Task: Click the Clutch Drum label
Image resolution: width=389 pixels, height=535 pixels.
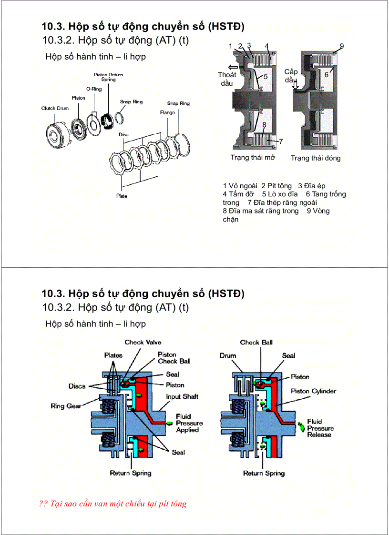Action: coord(55,108)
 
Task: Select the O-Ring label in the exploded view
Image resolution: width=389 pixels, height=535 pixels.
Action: coord(93,89)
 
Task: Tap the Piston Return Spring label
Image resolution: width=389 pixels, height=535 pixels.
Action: coord(108,77)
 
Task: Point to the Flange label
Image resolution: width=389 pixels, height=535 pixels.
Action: coord(167,112)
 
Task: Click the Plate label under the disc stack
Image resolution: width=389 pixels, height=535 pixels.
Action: coord(122,196)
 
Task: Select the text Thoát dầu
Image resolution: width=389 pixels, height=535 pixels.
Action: coord(227,79)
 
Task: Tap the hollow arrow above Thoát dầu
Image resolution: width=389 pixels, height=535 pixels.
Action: coord(233,67)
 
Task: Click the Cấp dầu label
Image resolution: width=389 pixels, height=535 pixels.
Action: coord(291,76)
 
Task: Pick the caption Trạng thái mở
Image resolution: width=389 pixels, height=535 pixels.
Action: coord(252,158)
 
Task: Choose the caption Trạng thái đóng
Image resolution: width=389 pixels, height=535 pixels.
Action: coord(316,158)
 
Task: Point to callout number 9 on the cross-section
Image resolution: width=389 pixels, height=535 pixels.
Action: coord(342,46)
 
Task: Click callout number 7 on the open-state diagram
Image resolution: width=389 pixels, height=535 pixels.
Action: coord(281,141)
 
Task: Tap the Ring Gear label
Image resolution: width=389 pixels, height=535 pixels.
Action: coord(67,406)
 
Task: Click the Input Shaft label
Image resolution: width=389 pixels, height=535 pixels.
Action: coord(182,396)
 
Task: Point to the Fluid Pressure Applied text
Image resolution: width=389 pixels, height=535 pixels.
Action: coord(189,423)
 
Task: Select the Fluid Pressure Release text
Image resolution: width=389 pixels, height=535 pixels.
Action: coord(320,428)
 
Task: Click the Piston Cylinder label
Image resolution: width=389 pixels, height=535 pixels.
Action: coord(313,391)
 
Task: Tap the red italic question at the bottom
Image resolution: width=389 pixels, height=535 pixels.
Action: coord(113,504)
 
